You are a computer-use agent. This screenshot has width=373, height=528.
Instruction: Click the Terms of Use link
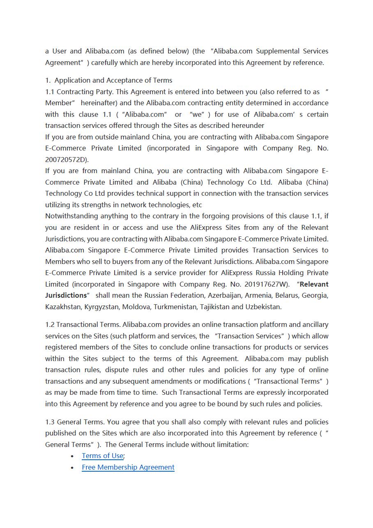(102, 456)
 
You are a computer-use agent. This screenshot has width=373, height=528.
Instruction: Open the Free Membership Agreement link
(128, 467)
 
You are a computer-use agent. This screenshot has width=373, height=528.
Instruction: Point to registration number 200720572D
(66, 160)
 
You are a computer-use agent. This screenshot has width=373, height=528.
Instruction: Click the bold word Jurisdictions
(66, 295)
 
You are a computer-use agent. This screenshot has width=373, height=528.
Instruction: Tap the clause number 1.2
(50, 324)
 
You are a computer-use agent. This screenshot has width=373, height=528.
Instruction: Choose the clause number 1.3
(50, 422)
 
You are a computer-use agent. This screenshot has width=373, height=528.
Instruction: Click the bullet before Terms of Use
(72, 456)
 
